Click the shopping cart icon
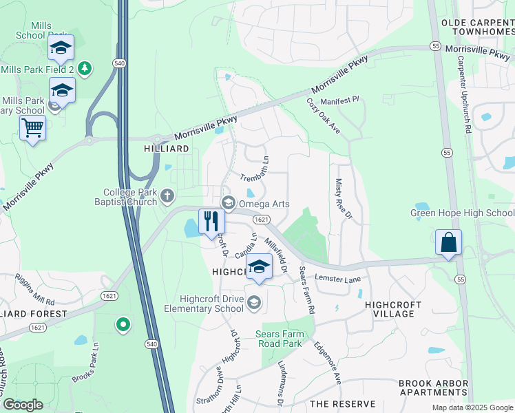pyautogui.click(x=32, y=128)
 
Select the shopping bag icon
pyautogui.click(x=448, y=242)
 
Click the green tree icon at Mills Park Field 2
pyautogui.click(x=84, y=68)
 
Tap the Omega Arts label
pyautogui.click(x=265, y=204)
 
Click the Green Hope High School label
pyautogui.click(x=462, y=213)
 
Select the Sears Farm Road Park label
pyautogui.click(x=279, y=339)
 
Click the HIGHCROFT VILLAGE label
pyautogui.click(x=390, y=309)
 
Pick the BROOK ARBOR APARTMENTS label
pyautogui.click(x=434, y=388)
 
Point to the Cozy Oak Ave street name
pyautogui.click(x=324, y=116)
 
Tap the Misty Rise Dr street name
pyautogui.click(x=341, y=200)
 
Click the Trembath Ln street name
pyautogui.click(x=253, y=169)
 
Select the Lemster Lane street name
pyautogui.click(x=338, y=278)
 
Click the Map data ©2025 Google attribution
pyautogui.click(x=472, y=407)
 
